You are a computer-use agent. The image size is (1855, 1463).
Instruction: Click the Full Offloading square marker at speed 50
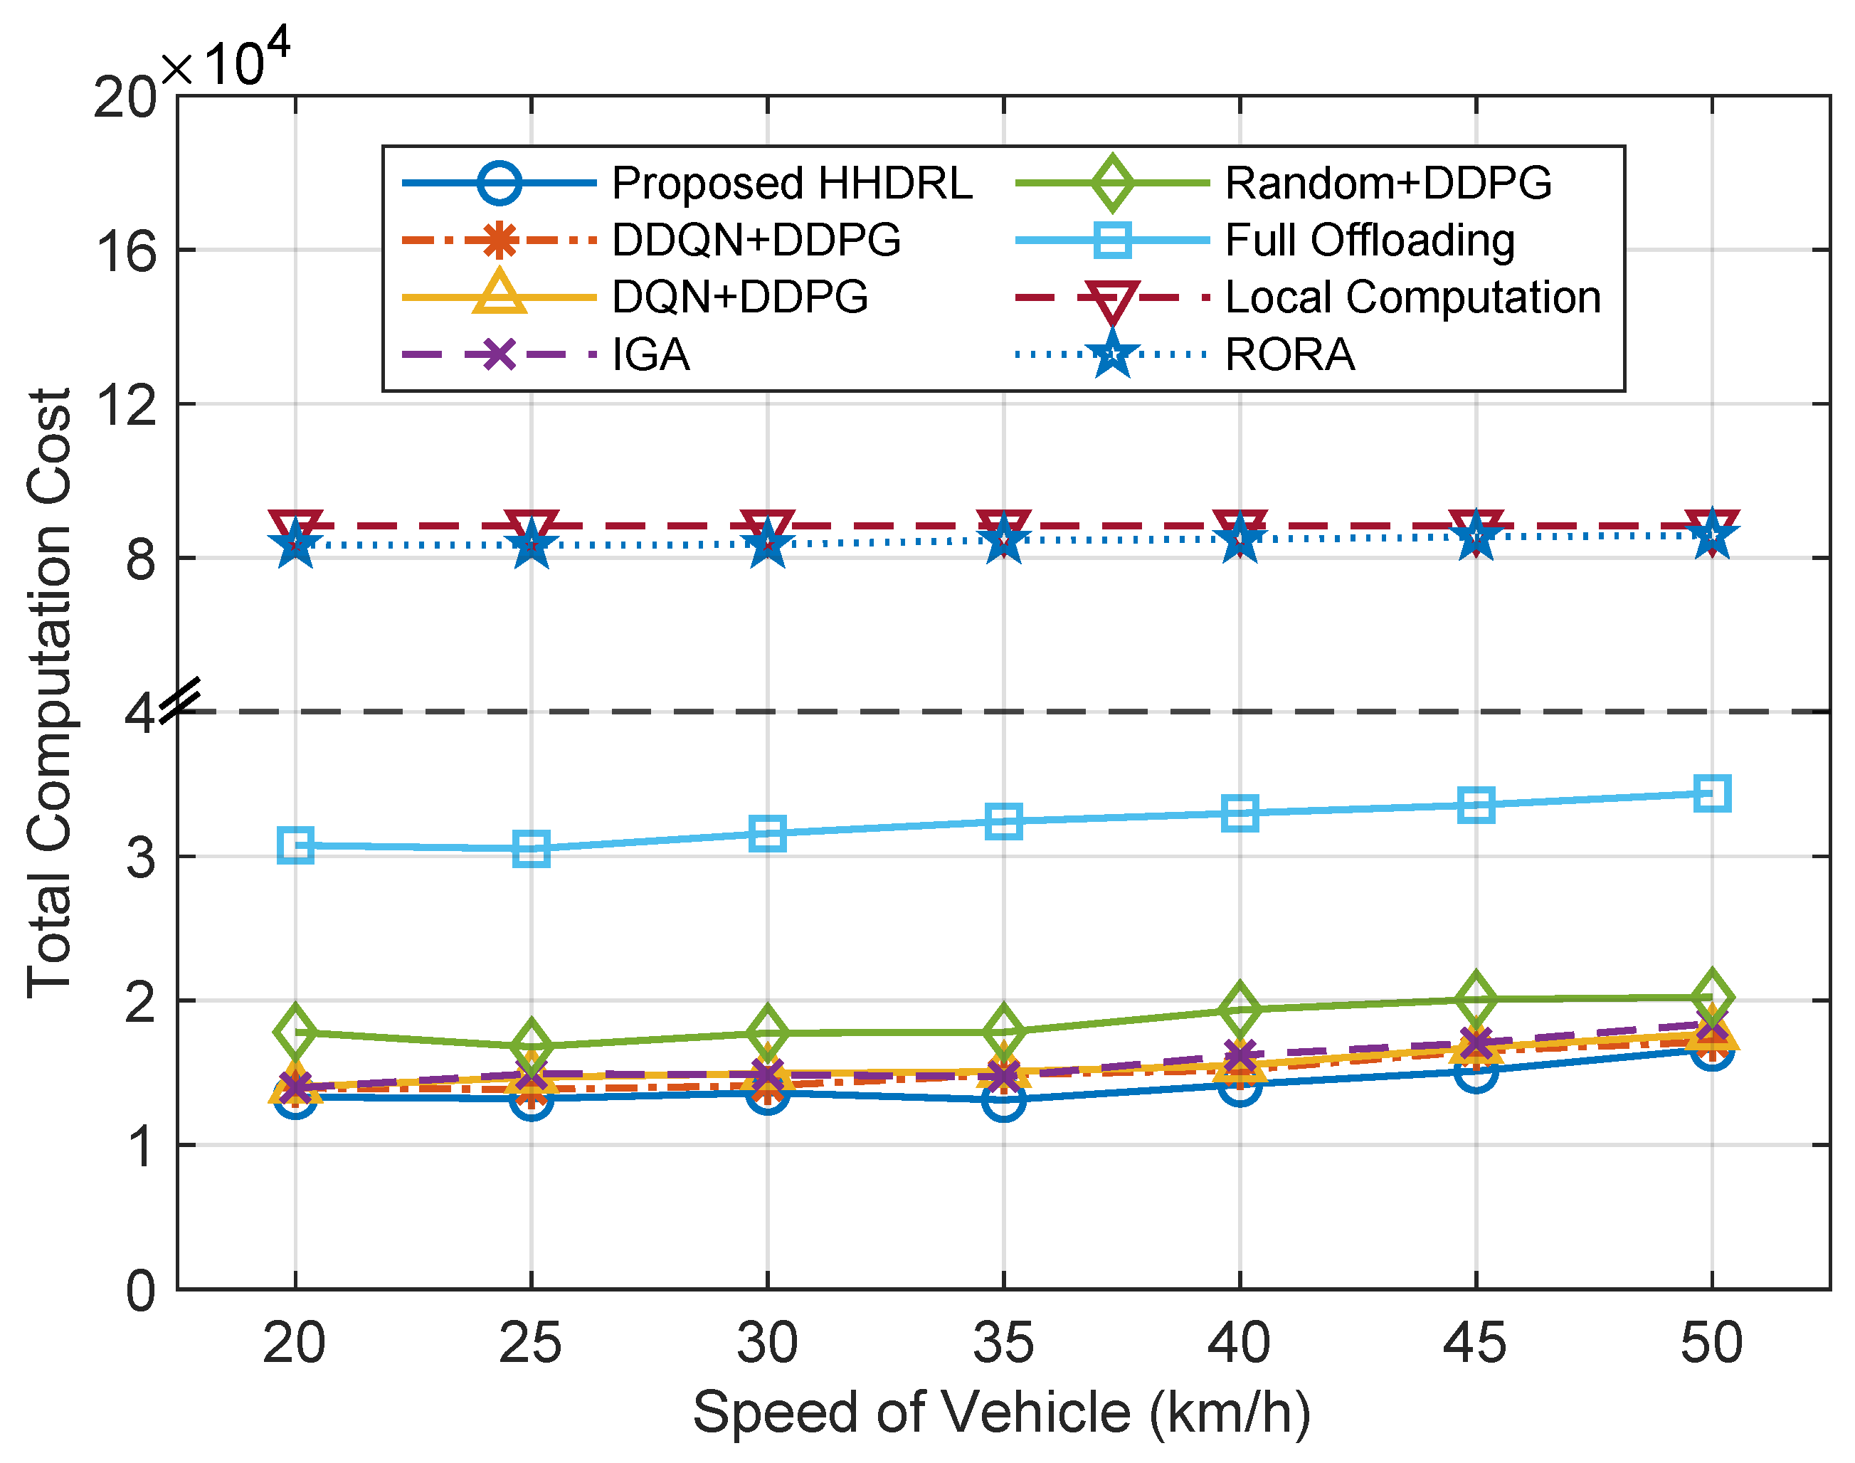[x=1712, y=793]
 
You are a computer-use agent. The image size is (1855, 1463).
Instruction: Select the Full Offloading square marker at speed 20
[x=295, y=845]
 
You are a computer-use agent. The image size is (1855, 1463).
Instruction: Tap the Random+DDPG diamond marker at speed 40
[x=1240, y=1008]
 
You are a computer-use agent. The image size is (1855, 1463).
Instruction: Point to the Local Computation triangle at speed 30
[x=767, y=529]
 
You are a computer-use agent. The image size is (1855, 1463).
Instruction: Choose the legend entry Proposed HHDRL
[x=791, y=184]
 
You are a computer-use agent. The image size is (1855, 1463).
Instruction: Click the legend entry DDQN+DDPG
[x=756, y=240]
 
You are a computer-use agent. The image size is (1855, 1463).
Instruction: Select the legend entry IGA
[x=651, y=354]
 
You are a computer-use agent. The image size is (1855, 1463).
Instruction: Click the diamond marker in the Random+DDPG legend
[x=1111, y=184]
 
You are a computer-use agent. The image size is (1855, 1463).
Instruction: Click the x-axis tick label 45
[x=1475, y=1342]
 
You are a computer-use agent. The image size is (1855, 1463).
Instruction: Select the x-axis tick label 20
[x=295, y=1342]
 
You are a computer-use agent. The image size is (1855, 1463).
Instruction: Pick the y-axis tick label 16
[x=126, y=252]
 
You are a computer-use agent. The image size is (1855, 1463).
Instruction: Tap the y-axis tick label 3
[x=142, y=857]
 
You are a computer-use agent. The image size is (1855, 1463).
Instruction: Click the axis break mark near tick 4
[x=181, y=698]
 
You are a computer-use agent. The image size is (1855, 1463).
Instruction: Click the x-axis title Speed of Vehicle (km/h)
[x=1002, y=1412]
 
